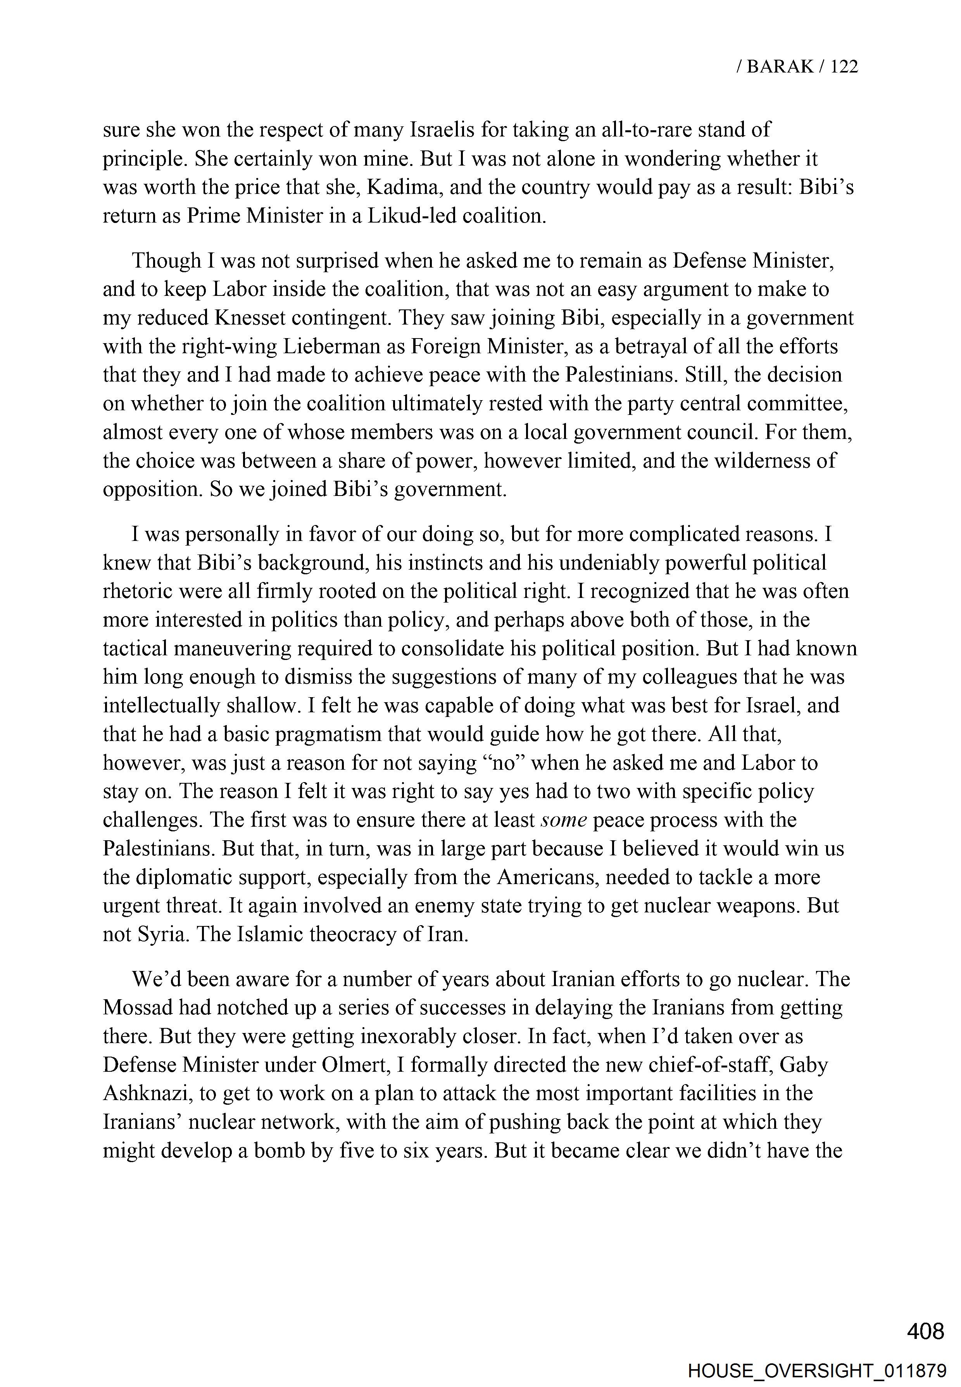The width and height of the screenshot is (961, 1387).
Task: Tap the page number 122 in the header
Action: pos(844,66)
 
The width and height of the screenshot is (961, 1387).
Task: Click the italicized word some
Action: pos(564,820)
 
